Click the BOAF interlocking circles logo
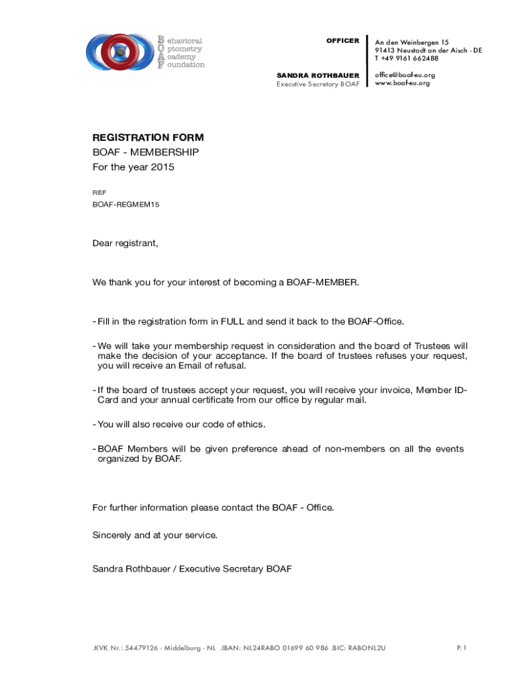pyautogui.click(x=120, y=51)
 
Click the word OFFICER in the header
pyautogui.click(x=342, y=41)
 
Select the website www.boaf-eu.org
pyautogui.click(x=402, y=83)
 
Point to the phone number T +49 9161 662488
pyautogui.click(x=406, y=58)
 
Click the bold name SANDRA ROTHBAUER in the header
pyautogui.click(x=318, y=74)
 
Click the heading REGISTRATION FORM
pyautogui.click(x=148, y=138)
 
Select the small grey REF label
pyautogui.click(x=99, y=193)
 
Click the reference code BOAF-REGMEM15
pyautogui.click(x=126, y=204)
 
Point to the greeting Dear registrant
pyautogui.click(x=126, y=243)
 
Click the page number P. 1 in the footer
pyautogui.click(x=461, y=648)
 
